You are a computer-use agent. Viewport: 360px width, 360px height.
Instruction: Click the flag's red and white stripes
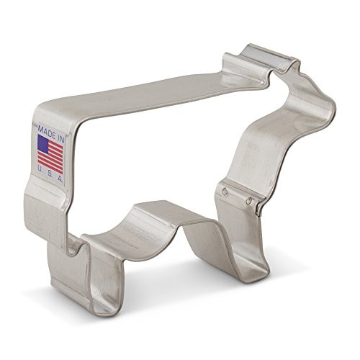pos(54,160)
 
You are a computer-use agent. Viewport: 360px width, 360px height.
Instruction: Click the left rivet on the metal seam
pos(225,191)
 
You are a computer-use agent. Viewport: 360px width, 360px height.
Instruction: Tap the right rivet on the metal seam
pos(249,201)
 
